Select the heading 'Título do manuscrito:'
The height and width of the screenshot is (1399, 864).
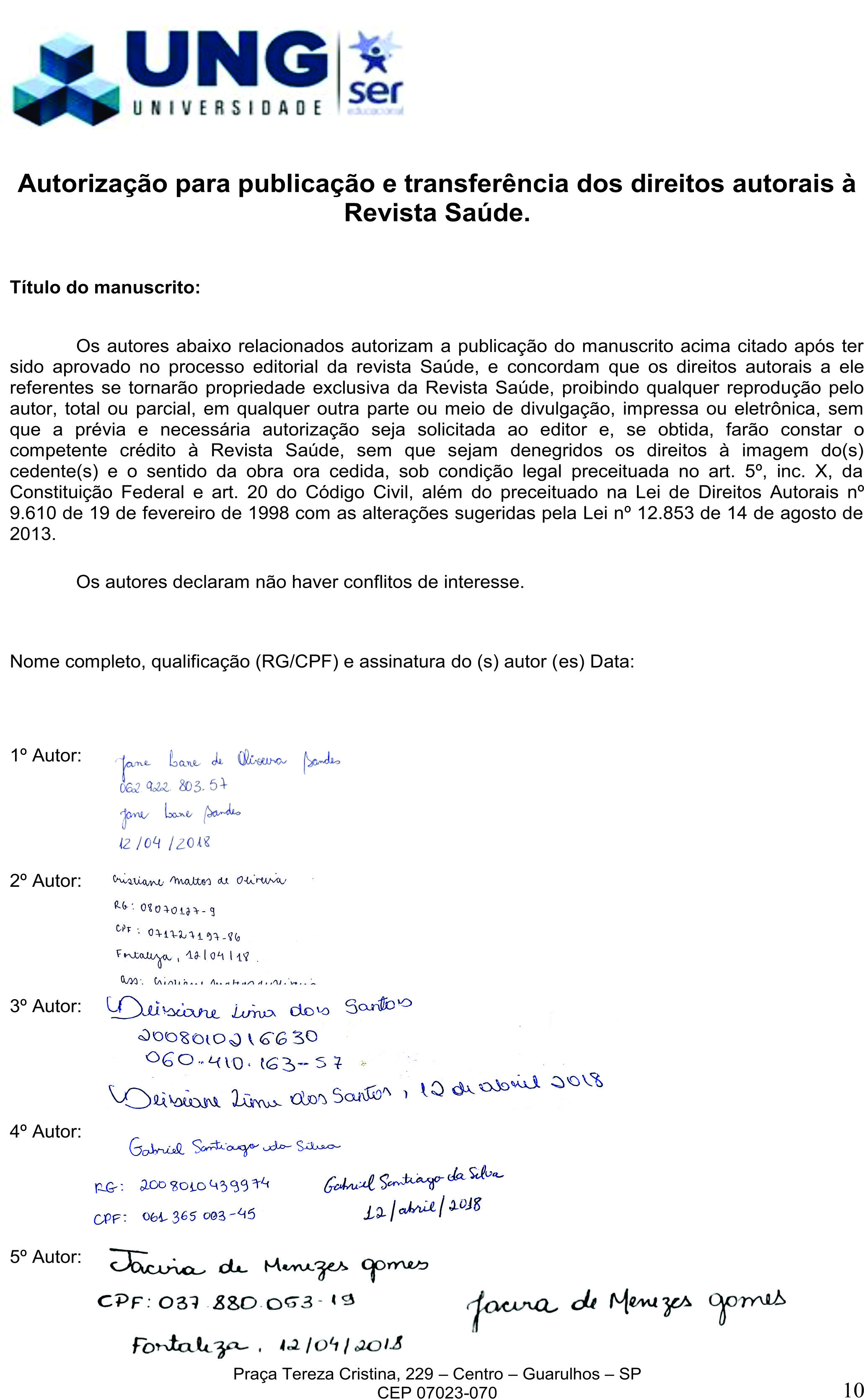[105, 287]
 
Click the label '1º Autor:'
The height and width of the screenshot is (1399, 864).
[46, 756]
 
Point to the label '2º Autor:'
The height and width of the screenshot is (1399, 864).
[46, 881]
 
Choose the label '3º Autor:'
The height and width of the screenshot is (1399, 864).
[46, 1006]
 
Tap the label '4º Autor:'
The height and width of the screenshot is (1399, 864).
[46, 1131]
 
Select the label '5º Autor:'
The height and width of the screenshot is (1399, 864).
[46, 1257]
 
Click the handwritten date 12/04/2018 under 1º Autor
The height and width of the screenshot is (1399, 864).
[165, 843]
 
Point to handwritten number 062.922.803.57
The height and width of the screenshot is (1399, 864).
[173, 786]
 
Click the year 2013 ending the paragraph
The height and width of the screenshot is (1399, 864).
[33, 534]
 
